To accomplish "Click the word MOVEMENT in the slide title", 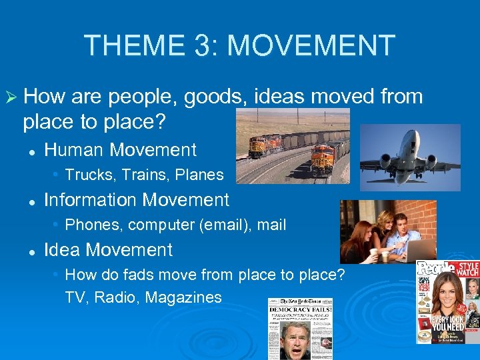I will [311, 45].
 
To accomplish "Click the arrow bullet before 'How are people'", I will [11, 97].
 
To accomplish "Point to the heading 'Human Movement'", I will [120, 150].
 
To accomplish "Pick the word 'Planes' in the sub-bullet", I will [201, 175].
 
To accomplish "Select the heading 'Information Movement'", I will [136, 199].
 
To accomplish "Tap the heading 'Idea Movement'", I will [108, 250].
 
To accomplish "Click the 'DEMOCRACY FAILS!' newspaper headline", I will [299, 311].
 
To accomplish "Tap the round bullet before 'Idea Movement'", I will [31, 251].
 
